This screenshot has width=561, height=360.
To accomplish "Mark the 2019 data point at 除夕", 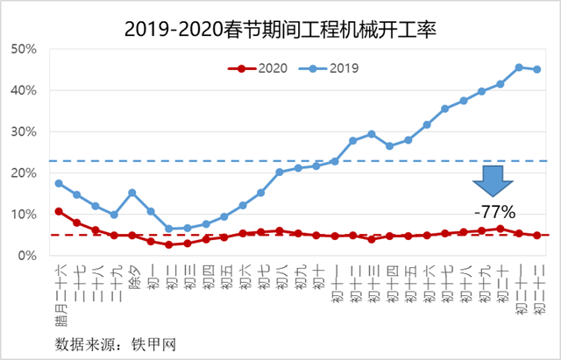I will (132, 193).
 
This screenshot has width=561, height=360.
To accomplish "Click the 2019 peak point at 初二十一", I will (519, 67).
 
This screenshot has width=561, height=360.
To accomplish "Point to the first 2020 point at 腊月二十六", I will (59, 211).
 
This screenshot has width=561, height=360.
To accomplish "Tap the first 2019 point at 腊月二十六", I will (59, 183).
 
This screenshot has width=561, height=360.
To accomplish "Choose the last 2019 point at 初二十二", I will (537, 69).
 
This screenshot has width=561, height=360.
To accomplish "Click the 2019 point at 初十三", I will (372, 134).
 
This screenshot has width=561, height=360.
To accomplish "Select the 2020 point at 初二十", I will (501, 229).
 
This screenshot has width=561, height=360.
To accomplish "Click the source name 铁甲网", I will (157, 341).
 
